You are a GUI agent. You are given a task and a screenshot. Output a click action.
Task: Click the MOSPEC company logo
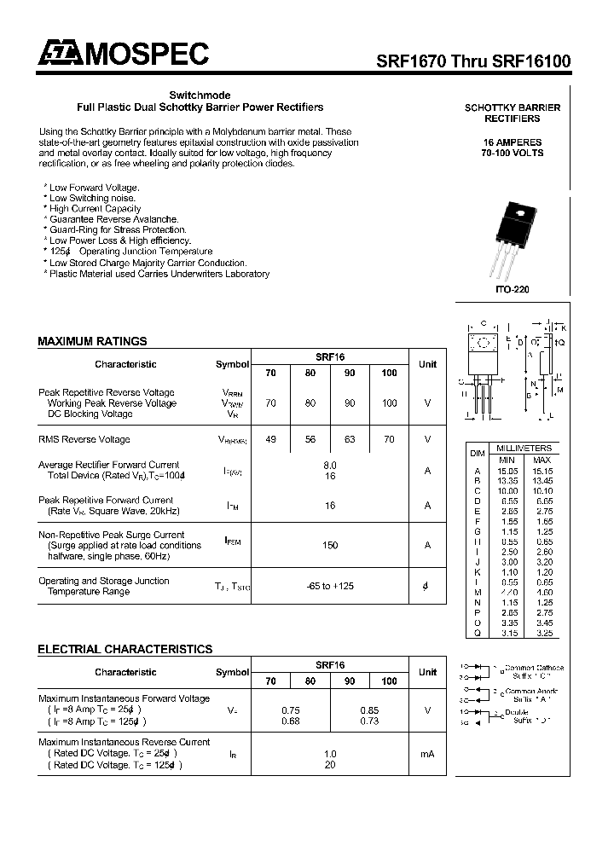coord(123,55)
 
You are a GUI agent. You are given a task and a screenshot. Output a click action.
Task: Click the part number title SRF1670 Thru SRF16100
coord(473,61)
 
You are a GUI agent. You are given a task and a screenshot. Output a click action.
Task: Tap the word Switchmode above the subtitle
coord(200,95)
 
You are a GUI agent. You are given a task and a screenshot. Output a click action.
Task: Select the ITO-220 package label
coord(512,290)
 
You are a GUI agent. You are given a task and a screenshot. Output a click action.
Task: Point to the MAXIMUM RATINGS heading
coord(92,341)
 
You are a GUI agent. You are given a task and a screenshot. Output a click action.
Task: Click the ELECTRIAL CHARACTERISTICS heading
coord(125,649)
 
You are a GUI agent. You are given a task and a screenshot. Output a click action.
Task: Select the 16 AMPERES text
coord(512,142)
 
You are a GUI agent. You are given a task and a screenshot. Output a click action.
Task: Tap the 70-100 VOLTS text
coord(512,153)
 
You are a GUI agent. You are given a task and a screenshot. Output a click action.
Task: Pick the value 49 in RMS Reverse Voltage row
coord(271,439)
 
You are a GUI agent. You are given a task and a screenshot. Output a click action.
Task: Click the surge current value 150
coord(330,545)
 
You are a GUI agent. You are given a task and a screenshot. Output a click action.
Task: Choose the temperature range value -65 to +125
coord(330,586)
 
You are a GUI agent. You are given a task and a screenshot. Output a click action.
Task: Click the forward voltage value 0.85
coord(369,710)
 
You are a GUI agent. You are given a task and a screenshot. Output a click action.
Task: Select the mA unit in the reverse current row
coord(427,754)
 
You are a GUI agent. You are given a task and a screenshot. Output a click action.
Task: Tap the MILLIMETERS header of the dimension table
coord(524,448)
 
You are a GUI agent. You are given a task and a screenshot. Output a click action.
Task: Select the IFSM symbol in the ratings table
coord(232,540)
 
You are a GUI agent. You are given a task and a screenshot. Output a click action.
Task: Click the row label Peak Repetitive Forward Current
coord(106,500)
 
